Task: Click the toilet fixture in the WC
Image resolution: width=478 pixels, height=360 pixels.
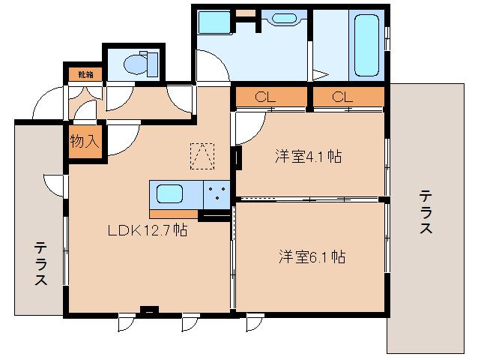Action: tap(141, 64)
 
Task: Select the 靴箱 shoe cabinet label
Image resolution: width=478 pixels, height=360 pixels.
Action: tap(85, 74)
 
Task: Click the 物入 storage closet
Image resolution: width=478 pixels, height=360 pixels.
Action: tap(85, 142)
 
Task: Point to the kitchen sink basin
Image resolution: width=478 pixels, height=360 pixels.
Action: tap(170, 194)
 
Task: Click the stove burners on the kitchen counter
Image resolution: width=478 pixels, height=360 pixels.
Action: tap(217, 194)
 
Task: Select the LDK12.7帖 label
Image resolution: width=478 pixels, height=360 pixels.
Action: tap(148, 230)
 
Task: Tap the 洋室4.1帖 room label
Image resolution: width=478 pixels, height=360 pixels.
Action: tap(308, 157)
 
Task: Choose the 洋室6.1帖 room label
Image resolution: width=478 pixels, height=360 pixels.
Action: tap(312, 257)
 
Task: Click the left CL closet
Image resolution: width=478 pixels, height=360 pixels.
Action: tap(271, 97)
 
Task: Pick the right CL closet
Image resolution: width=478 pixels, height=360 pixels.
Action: tap(348, 97)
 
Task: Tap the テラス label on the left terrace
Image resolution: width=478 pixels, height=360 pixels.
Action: tap(40, 263)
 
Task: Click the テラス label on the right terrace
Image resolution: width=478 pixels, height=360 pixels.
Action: tap(426, 211)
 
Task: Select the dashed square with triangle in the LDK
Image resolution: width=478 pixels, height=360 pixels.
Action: tap(202, 156)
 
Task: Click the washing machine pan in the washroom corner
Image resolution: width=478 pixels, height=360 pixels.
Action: tap(214, 22)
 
